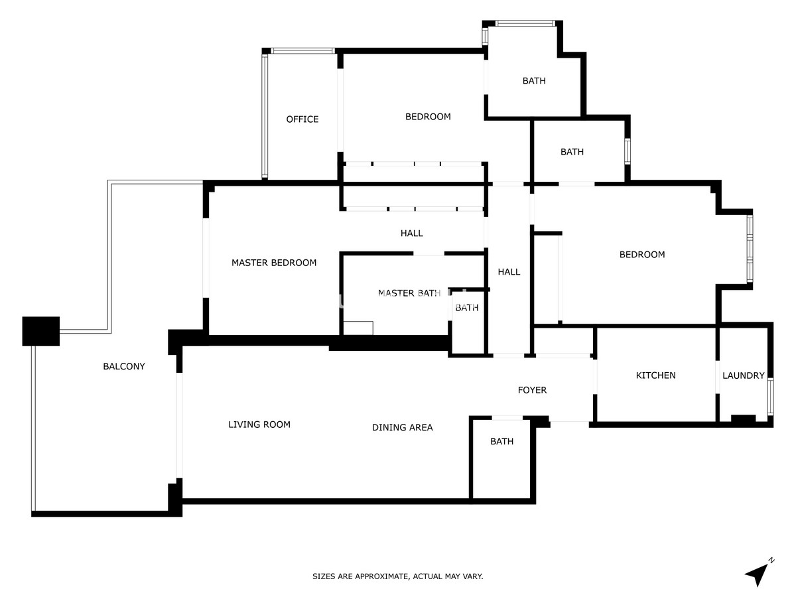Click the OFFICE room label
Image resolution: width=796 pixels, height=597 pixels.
pyautogui.click(x=302, y=119)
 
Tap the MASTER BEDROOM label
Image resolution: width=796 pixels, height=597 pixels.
pyautogui.click(x=274, y=263)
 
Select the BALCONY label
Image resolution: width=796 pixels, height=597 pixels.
pyautogui.click(x=124, y=366)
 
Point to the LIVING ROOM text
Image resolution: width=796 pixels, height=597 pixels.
pyautogui.click(x=259, y=425)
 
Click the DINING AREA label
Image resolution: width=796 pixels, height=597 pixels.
pyautogui.click(x=402, y=427)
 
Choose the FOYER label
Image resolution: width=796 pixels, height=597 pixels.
pyautogui.click(x=532, y=390)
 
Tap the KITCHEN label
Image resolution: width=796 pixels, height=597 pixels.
pyautogui.click(x=655, y=375)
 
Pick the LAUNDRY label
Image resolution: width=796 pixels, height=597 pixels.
pyautogui.click(x=743, y=375)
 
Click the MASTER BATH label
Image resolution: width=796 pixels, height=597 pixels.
pyautogui.click(x=409, y=293)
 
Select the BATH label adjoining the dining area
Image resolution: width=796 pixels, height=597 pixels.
pyautogui.click(x=501, y=442)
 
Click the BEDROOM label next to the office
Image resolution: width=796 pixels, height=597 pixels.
pyautogui.click(x=428, y=117)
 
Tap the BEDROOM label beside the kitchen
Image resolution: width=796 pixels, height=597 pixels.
pyautogui.click(x=641, y=255)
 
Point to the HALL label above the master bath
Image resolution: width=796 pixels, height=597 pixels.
pyautogui.click(x=411, y=233)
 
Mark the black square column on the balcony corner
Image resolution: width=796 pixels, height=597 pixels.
pyautogui.click(x=41, y=331)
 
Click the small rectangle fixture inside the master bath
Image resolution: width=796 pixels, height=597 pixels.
pyautogui.click(x=358, y=328)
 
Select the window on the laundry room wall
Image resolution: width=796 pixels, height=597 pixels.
pyautogui.click(x=770, y=397)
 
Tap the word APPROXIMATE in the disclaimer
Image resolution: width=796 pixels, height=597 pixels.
pyautogui.click(x=381, y=576)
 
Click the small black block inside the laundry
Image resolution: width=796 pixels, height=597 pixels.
pyautogui.click(x=743, y=419)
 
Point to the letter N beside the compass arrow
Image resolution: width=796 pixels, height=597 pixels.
pyautogui.click(x=771, y=561)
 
